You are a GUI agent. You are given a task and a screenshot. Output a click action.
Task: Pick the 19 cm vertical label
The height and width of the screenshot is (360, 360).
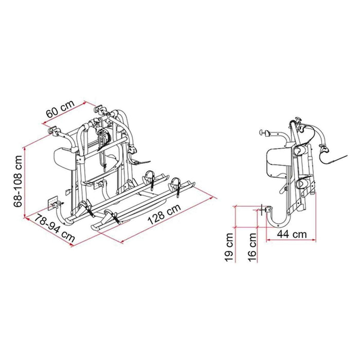pos(230,247)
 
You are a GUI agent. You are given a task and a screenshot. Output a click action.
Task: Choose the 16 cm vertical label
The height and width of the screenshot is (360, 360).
pos(253,247)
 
